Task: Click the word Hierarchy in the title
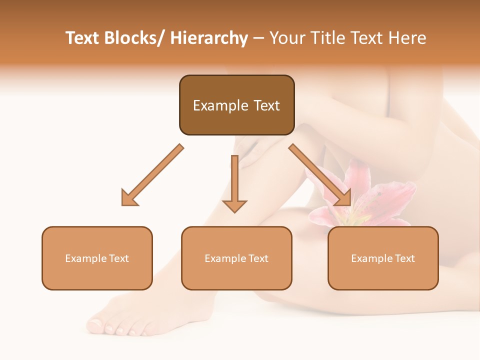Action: coord(209,38)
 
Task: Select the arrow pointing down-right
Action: coord(320,175)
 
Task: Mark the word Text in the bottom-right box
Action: coord(404,258)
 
